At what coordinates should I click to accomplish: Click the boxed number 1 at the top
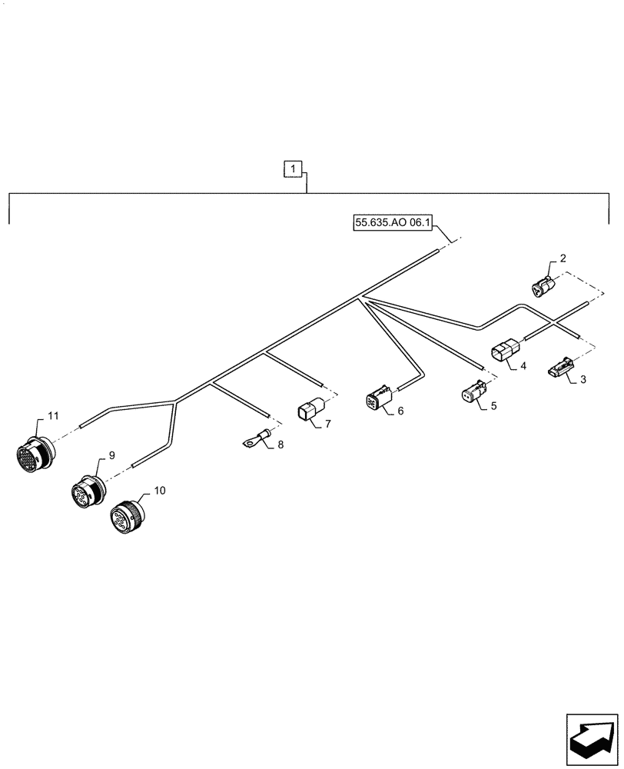coord(294,168)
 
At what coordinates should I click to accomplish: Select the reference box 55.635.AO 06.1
coord(393,224)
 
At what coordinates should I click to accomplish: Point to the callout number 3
coord(583,379)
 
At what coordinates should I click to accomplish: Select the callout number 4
coord(523,367)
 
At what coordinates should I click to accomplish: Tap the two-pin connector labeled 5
coord(471,393)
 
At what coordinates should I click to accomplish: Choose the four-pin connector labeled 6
coord(378,401)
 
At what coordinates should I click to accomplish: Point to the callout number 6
coord(400,411)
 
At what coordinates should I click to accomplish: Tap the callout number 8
coord(280,444)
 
